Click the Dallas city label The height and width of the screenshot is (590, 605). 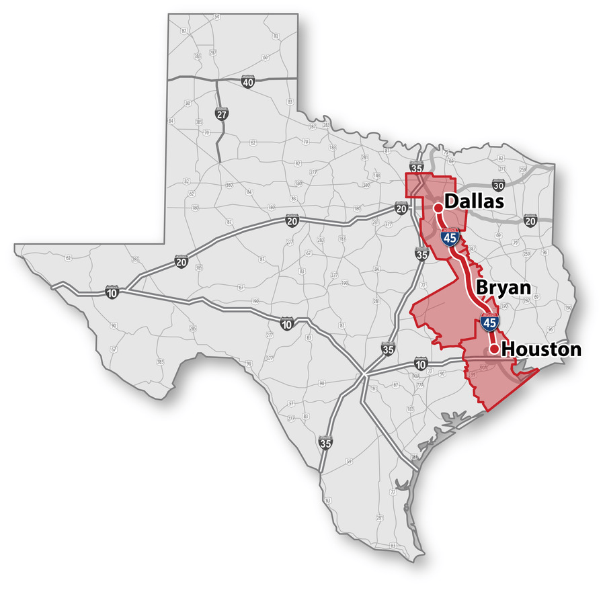pos(475,201)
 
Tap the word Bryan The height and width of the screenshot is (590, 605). pos(503,288)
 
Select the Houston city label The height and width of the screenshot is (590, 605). pos(541,349)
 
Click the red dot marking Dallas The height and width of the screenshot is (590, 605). pos(438,208)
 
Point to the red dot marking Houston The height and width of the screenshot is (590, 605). pos(493,349)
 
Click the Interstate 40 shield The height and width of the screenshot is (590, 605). pos(248,82)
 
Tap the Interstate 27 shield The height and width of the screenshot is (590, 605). pos(222,114)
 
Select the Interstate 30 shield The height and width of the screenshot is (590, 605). pos(497,185)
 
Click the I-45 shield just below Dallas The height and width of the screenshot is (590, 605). pos(448,237)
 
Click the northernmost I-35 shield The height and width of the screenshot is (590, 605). pos(417,168)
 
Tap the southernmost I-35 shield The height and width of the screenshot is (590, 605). pos(325,443)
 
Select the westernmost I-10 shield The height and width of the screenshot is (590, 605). pos(112,292)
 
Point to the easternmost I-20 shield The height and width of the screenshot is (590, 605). pos(530,220)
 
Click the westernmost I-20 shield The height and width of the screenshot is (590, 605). pos(182,261)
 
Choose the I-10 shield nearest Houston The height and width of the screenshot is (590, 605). pos(421,365)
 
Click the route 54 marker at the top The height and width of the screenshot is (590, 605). pos(216,16)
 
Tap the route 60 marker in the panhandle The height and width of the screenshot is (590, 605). pos(266,57)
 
